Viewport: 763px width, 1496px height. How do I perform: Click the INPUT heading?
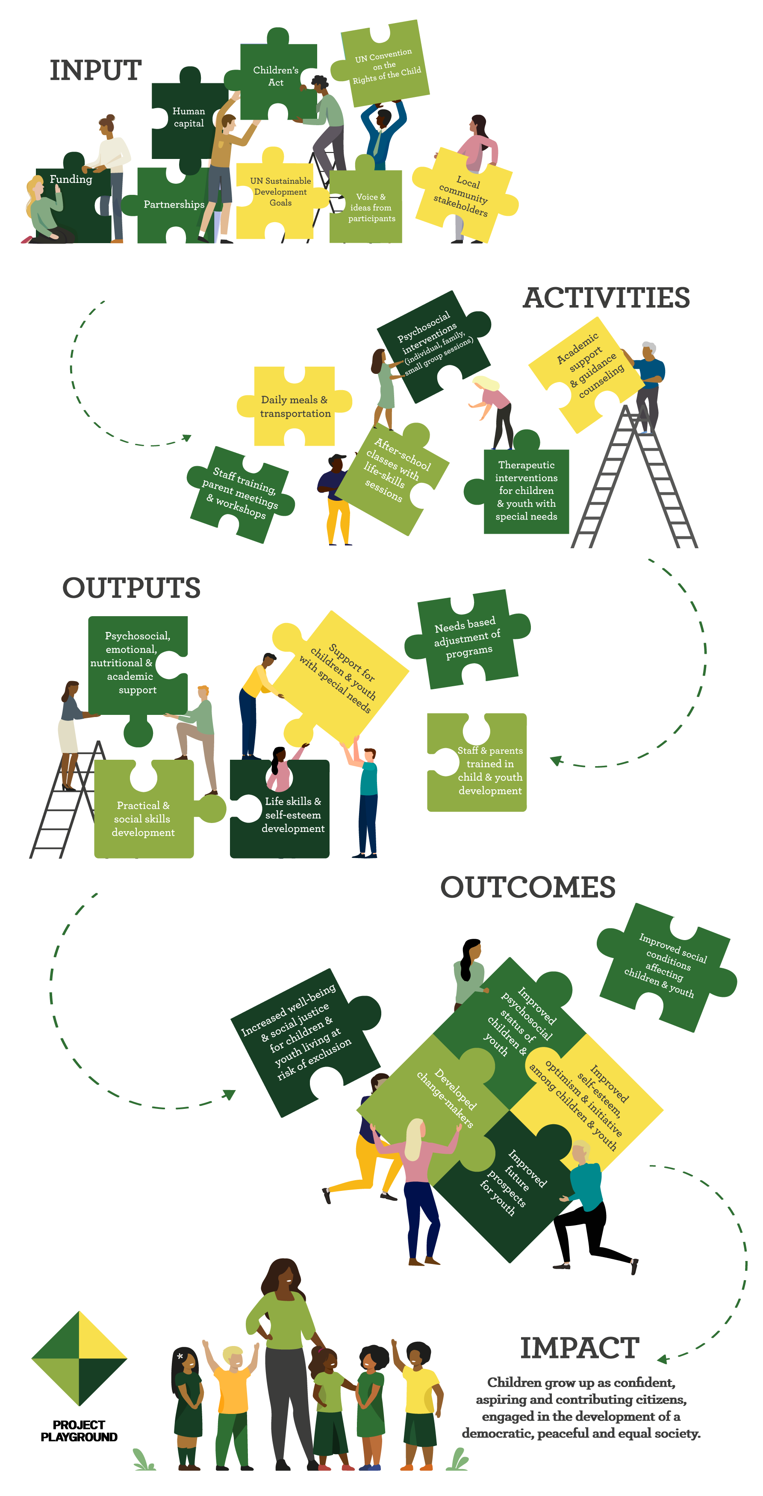[96, 70]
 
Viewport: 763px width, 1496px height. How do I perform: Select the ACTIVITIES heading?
[606, 298]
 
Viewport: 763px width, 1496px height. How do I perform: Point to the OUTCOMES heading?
[527, 888]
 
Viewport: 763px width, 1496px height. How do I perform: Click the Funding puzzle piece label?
[71, 179]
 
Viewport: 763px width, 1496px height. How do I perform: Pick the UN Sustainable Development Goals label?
[281, 191]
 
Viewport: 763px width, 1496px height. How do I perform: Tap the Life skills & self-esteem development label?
[293, 815]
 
